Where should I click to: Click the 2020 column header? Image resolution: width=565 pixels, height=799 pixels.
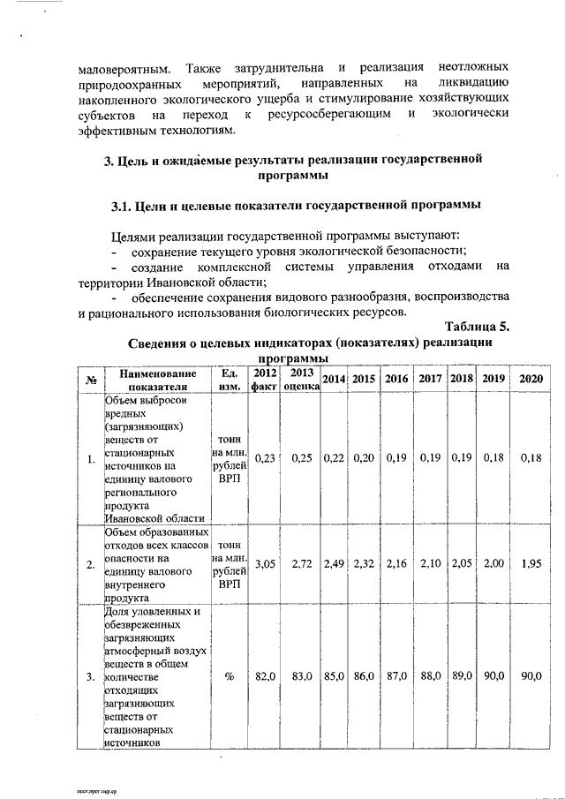pos(531,379)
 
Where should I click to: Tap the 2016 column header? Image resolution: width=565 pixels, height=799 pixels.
pos(396,379)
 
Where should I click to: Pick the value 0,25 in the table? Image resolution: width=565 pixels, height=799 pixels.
pos(302,457)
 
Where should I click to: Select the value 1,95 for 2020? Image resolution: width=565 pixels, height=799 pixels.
pos(531,563)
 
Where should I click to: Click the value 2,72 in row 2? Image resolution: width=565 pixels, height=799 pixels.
pos(302,563)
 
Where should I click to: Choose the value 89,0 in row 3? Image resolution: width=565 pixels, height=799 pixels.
pos(462,676)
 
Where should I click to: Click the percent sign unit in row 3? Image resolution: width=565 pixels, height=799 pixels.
pos(229,676)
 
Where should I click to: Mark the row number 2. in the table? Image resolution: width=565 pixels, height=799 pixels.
pos(91,564)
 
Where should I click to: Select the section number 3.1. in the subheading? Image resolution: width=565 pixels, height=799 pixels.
pos(122,207)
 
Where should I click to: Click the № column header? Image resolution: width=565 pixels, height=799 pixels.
pos(91,380)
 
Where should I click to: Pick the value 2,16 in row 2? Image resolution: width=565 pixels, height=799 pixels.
pos(396,563)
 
